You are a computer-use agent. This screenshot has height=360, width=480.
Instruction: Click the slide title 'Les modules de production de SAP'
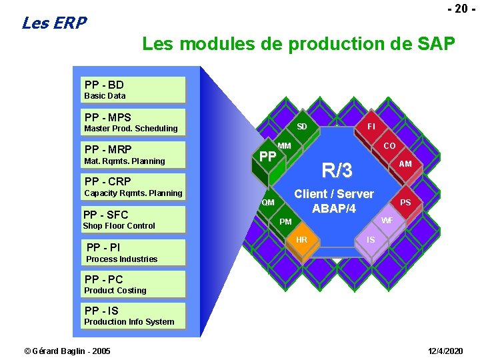point(299,45)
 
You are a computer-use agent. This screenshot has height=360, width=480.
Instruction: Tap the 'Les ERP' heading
point(54,23)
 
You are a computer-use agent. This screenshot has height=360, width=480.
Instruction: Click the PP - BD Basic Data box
point(134,89)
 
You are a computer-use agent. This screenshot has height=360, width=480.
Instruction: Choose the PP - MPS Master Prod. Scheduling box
point(134,123)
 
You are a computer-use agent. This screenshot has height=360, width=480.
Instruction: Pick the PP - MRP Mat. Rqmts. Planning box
point(134,155)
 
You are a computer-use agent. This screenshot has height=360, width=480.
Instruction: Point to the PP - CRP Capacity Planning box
point(134,187)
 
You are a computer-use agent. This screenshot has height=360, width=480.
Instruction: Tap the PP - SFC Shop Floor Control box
point(134,219)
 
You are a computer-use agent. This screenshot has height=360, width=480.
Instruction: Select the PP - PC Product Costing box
point(134,284)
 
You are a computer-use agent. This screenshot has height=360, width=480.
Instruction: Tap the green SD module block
point(302,127)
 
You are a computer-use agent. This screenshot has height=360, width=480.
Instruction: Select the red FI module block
point(371,126)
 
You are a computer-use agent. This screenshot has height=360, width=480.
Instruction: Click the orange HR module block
point(301,241)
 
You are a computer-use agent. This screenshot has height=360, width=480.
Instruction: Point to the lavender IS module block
point(371,239)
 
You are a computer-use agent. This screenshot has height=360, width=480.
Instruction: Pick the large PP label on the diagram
point(267,157)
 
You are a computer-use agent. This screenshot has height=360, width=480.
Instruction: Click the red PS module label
point(405,203)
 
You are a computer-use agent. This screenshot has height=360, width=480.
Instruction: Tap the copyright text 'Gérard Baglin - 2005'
point(67,351)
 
